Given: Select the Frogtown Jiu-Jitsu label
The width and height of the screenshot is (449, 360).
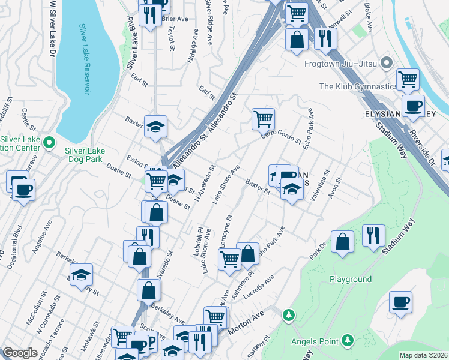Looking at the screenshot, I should point(340,63).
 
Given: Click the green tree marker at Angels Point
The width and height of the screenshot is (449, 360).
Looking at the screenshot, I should point(289,316).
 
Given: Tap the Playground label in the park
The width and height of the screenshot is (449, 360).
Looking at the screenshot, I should point(351,280).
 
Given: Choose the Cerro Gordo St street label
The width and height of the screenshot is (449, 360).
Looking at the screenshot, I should point(281,137).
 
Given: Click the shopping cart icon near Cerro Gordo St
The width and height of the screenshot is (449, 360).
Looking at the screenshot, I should point(263,119).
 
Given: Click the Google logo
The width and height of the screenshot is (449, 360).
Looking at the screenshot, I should point(20,353).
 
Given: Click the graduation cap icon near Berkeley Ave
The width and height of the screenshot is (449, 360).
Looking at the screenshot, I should point(80,275).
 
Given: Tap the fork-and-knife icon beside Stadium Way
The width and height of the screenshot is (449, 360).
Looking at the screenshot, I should point(373,235).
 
